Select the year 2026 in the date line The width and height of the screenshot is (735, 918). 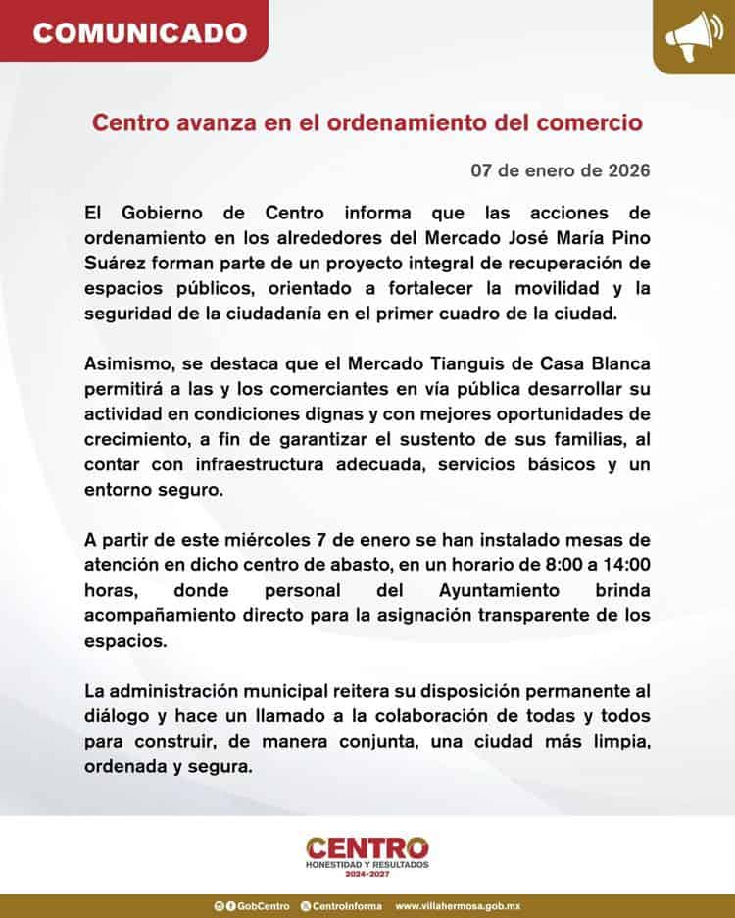coord(628,170)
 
